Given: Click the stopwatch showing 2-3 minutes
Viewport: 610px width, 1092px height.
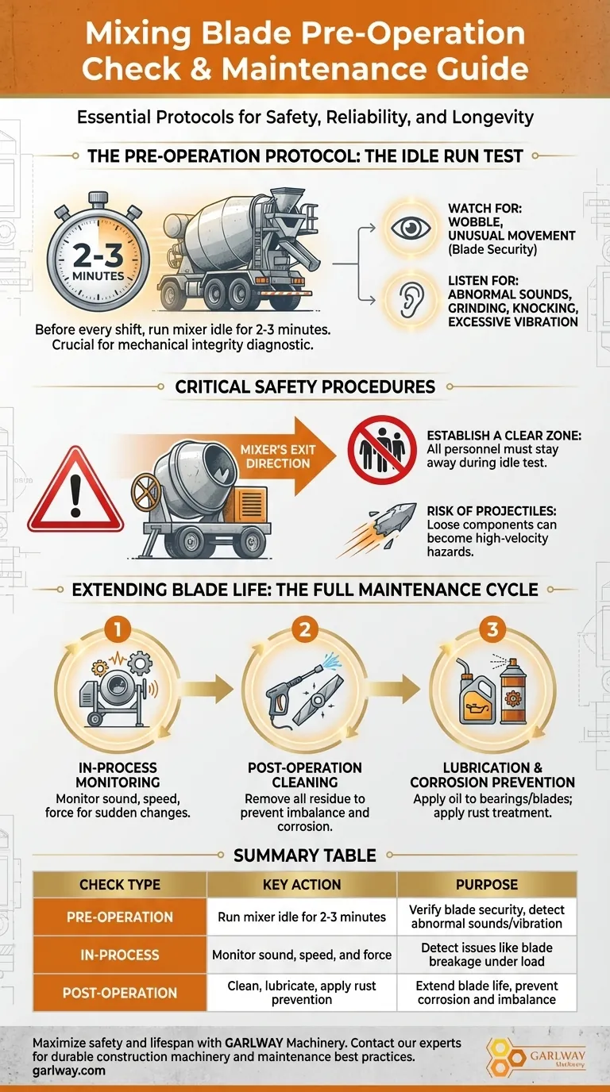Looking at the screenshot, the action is point(98,256).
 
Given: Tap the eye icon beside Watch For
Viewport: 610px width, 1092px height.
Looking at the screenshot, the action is point(411,228).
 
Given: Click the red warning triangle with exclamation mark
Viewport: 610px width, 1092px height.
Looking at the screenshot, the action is point(75,489).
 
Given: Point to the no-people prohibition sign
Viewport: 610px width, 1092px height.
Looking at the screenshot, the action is point(382,449).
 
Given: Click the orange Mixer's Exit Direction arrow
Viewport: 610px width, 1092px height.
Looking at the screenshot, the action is point(283,456).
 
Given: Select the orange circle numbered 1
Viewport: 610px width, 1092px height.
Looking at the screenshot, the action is point(117,629).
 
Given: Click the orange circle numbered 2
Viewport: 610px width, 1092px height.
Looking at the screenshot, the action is point(305,629).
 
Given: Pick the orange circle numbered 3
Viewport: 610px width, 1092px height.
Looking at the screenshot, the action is point(492,629).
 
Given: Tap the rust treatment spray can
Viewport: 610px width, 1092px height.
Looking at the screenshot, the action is point(512,696).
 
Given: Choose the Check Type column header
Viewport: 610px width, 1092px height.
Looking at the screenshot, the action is point(120,885).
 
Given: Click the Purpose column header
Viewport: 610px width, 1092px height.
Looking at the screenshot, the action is point(487,885).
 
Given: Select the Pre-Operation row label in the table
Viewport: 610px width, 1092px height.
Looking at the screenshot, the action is point(120,917).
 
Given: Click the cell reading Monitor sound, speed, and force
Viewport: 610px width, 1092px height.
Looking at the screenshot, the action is point(302,955).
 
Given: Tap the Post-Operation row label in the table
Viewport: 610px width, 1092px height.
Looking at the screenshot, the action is point(120,993).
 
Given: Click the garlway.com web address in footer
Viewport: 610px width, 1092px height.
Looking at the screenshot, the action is point(69,1071).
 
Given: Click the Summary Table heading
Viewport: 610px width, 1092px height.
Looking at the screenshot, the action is point(305,855).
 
